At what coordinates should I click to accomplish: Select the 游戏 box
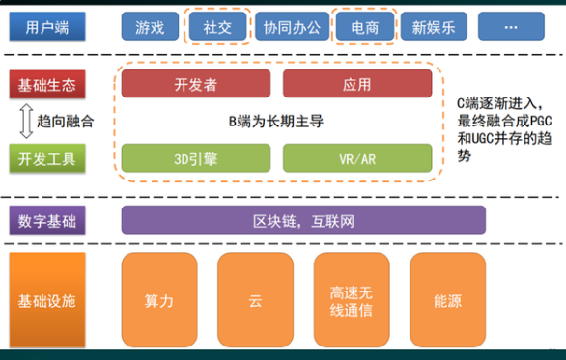point(150,26)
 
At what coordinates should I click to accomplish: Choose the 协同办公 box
point(291,26)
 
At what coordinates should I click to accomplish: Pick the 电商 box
point(363,26)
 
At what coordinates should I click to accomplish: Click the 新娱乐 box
point(431,26)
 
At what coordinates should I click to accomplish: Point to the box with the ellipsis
point(510,26)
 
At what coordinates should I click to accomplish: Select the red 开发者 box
point(196,85)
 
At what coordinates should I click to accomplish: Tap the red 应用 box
point(356,85)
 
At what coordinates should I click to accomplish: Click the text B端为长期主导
point(275,122)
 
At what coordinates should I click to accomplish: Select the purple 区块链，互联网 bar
point(302,221)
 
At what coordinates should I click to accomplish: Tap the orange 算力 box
point(158,300)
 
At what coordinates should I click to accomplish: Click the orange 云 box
point(255,300)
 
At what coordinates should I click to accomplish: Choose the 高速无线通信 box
point(352,300)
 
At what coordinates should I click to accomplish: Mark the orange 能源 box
point(447,300)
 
